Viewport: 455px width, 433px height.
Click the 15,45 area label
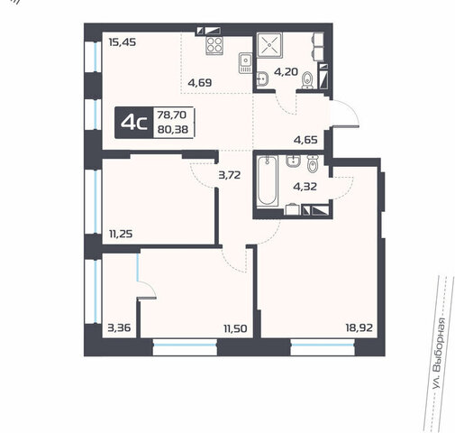pyautogui.click(x=123, y=42)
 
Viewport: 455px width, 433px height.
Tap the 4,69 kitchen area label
pyautogui.click(x=200, y=82)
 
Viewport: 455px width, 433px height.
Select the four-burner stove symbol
pyautogui.click(x=214, y=45)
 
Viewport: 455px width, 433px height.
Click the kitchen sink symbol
pyautogui.click(x=245, y=62)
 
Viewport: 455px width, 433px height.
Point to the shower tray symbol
pyautogui.click(x=269, y=45)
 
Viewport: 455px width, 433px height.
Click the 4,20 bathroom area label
pyautogui.click(x=287, y=72)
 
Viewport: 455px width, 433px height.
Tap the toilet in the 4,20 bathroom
pyautogui.click(x=307, y=80)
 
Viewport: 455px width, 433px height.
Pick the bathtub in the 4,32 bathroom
pyautogui.click(x=268, y=180)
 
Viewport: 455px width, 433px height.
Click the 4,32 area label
pyautogui.click(x=305, y=187)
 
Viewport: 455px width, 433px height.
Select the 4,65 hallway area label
pyautogui.click(x=305, y=140)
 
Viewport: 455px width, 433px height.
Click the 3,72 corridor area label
pyautogui.click(x=230, y=175)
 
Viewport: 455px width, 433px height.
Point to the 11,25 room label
pyautogui.click(x=121, y=234)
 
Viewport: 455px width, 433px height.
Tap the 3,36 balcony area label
pyautogui.click(x=119, y=327)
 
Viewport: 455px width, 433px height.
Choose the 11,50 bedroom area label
pyautogui.click(x=235, y=328)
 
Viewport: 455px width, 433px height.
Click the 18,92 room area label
pyautogui.click(x=359, y=327)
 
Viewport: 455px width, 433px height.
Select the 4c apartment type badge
pyautogui.click(x=134, y=123)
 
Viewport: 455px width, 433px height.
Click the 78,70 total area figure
pyautogui.click(x=172, y=115)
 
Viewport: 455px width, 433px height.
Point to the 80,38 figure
pyautogui.click(x=173, y=129)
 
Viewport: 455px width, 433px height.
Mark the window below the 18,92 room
pyautogui.click(x=323, y=347)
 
